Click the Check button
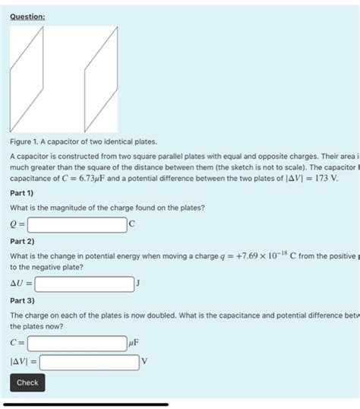27,382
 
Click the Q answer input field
77,224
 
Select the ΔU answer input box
84,284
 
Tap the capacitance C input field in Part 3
77,343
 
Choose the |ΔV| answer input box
89,362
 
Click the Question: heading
27,17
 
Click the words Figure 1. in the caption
27,141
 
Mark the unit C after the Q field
132,224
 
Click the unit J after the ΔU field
138,284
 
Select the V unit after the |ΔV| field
144,362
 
